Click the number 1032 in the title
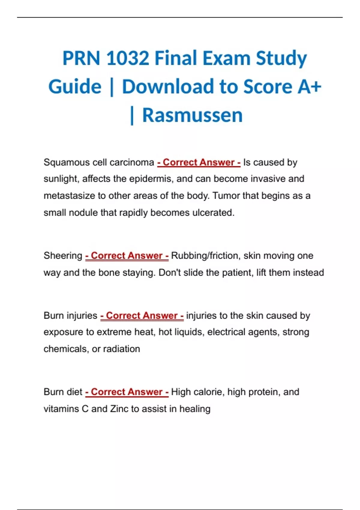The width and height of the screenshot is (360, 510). point(127,58)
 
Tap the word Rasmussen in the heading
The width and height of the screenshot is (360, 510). point(192,115)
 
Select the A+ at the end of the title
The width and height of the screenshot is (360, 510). point(309,87)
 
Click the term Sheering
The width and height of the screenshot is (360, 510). point(63,256)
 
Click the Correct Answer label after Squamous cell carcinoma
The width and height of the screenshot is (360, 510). point(199,162)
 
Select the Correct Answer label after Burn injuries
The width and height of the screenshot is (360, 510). point(142,316)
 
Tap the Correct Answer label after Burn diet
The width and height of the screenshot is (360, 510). point(127,392)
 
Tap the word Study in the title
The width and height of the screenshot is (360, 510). point(281,58)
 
